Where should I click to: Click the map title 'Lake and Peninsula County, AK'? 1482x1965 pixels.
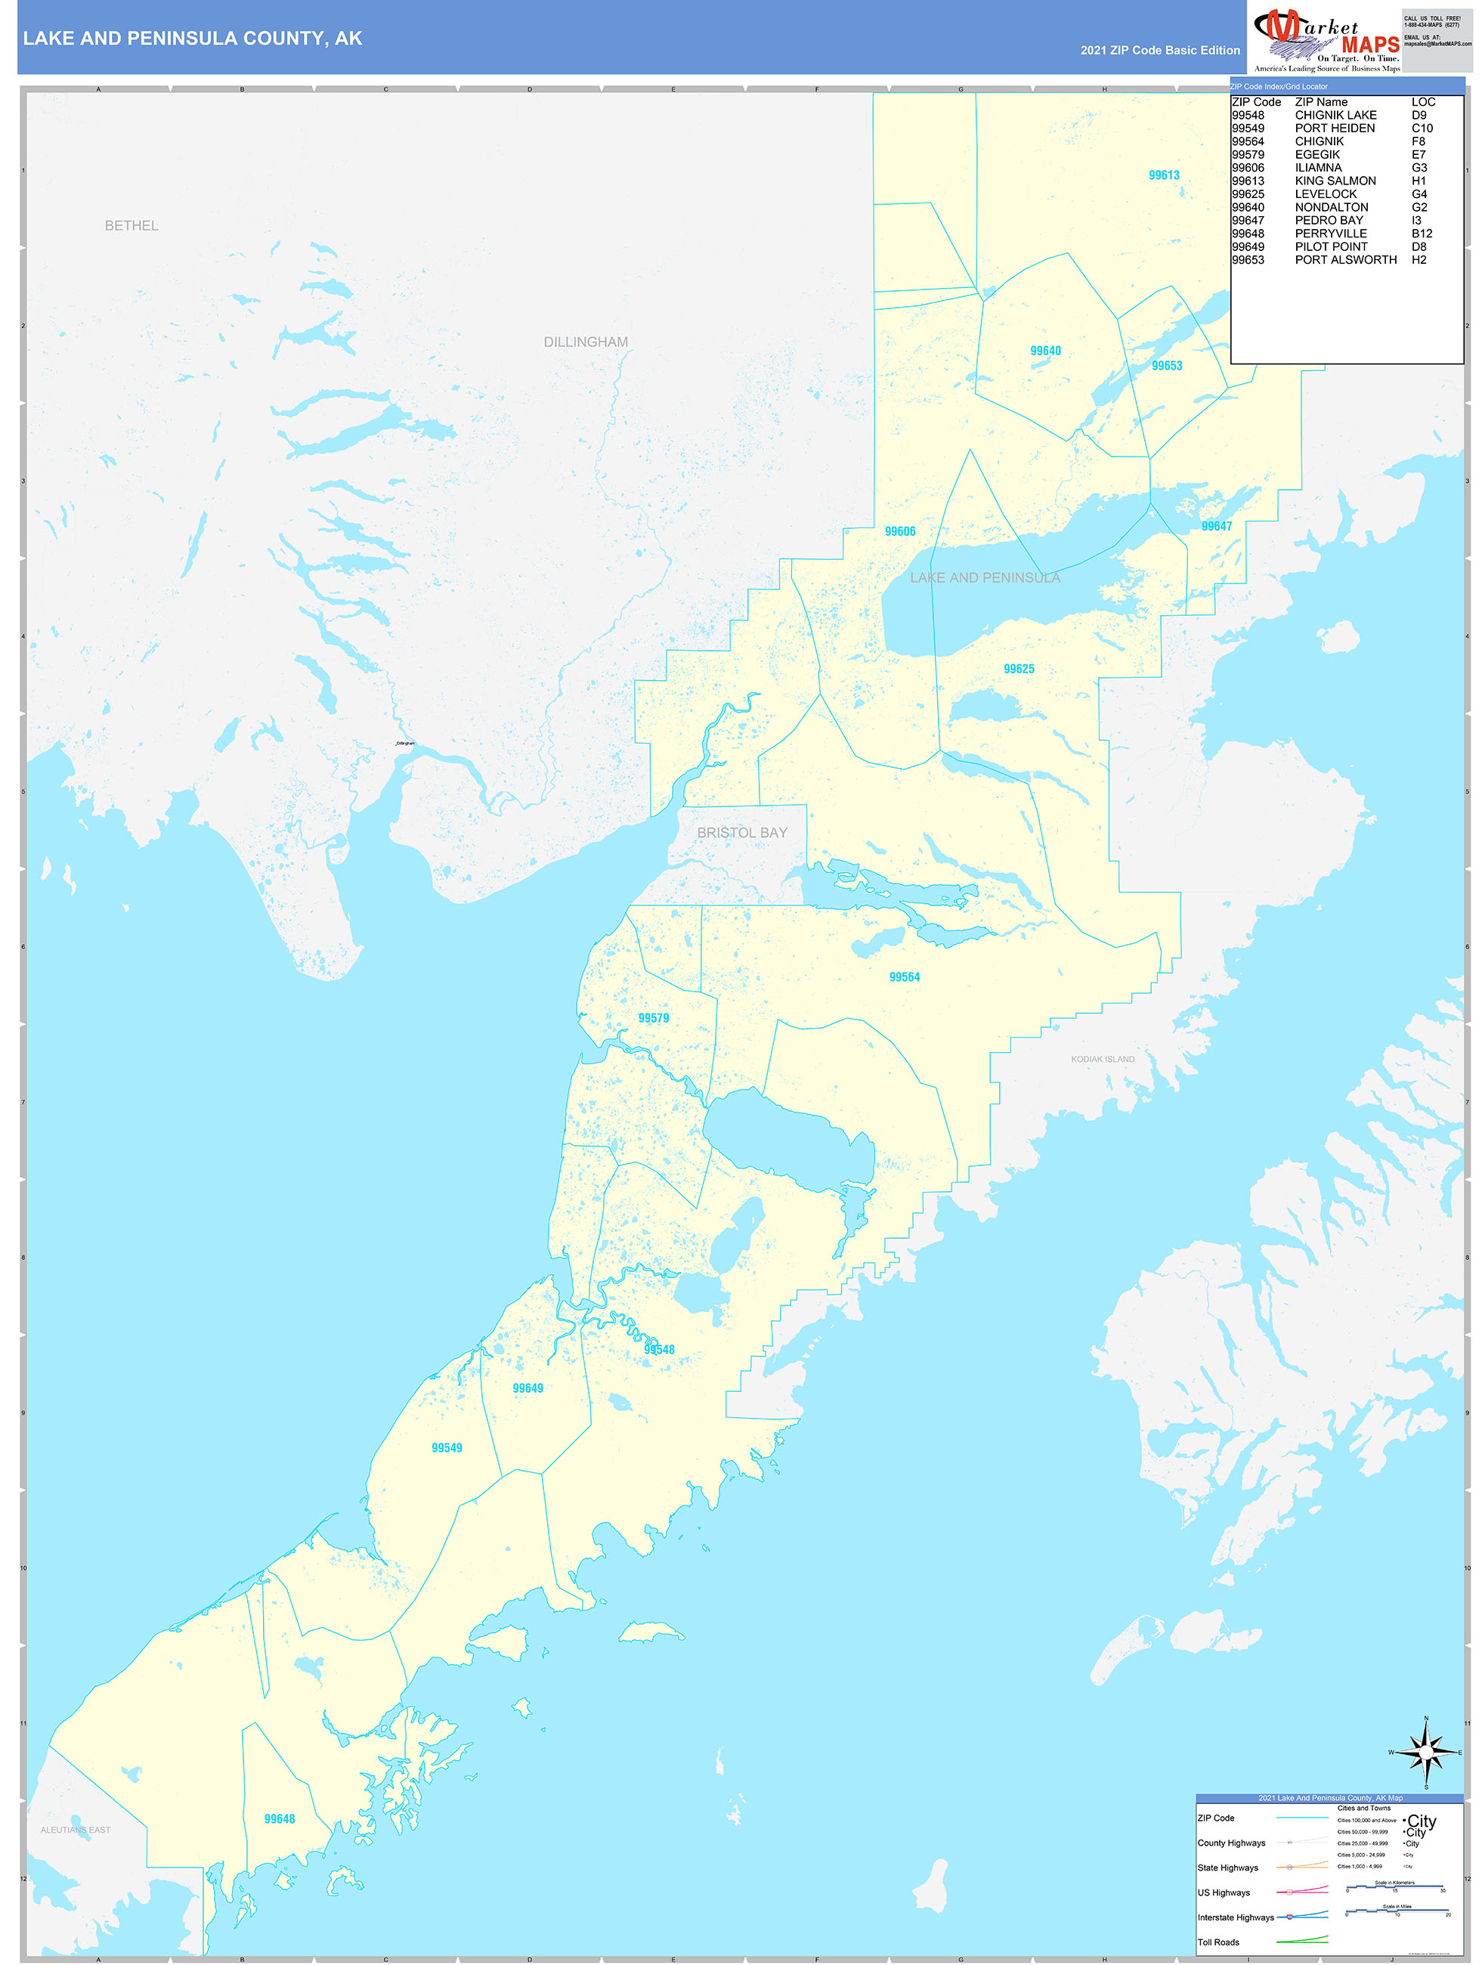click(x=193, y=39)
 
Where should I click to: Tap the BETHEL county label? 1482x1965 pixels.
click(x=131, y=226)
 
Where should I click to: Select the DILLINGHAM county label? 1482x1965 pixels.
click(x=586, y=342)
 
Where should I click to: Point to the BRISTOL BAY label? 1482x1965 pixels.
click(x=742, y=832)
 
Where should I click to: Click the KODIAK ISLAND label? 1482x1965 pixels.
click(x=1102, y=1059)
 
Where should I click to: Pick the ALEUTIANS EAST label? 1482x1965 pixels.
click(x=76, y=1830)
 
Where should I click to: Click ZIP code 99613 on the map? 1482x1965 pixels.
click(x=1164, y=175)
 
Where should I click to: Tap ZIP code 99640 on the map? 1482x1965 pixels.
click(x=1045, y=351)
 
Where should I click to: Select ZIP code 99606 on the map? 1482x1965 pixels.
click(x=900, y=531)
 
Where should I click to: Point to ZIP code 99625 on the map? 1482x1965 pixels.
click(x=1018, y=669)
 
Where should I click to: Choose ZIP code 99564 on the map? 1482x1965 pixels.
click(x=905, y=977)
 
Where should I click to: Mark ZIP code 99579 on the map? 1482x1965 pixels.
click(x=653, y=1018)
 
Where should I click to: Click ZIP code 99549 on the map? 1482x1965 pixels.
click(x=447, y=1448)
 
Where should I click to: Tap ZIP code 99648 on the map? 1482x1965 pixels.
click(x=279, y=1819)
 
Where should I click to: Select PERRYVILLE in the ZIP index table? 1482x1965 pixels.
click(x=1330, y=234)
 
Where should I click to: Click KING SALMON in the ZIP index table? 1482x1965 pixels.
click(x=1335, y=181)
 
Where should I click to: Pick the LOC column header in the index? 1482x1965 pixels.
click(x=1422, y=102)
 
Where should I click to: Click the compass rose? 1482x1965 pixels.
click(x=1426, y=1753)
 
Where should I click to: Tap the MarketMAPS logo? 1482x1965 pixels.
click(x=1325, y=39)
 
